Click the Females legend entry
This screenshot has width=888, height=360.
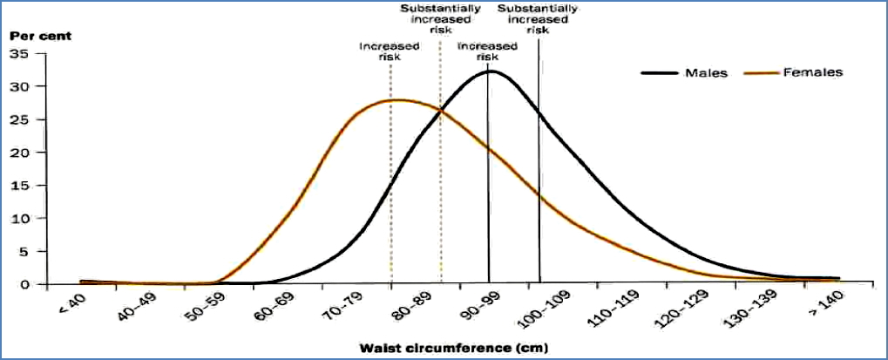(814, 73)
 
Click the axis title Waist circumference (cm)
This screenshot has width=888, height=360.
(454, 348)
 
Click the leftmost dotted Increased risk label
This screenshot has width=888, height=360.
(389, 51)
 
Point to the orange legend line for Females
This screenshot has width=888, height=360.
(764, 73)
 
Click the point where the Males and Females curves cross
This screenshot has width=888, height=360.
(441, 111)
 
